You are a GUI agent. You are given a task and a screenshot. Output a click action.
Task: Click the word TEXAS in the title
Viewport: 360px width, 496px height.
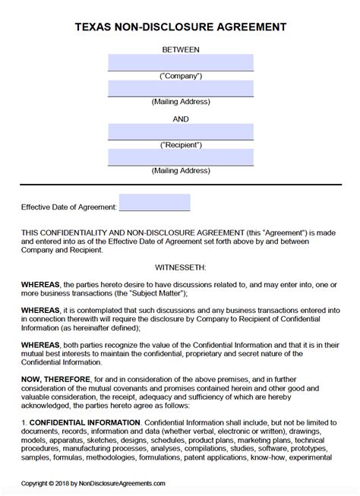[96, 27]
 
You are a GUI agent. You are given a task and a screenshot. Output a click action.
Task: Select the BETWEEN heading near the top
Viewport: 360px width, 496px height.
[180, 49]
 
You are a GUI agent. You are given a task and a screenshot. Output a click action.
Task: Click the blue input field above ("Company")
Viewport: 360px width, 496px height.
[180, 62]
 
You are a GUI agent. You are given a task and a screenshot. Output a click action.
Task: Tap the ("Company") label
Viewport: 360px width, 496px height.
[180, 76]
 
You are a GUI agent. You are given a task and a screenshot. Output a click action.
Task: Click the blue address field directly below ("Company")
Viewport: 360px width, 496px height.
[180, 89]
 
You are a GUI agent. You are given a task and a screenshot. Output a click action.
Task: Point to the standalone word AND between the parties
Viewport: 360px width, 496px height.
[180, 118]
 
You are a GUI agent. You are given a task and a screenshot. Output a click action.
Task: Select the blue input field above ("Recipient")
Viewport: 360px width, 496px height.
[180, 132]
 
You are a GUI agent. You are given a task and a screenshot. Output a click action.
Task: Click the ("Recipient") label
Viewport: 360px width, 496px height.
[180, 145]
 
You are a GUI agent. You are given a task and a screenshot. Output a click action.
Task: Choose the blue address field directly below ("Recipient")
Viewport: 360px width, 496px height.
[180, 157]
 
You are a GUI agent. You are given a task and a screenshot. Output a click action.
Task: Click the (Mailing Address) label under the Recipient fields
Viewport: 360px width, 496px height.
[180, 171]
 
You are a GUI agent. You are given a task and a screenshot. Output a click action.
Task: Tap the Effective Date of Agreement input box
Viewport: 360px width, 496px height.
[154, 204]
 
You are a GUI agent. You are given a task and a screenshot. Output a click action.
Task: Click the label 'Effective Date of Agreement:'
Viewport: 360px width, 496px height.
[68, 207]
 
